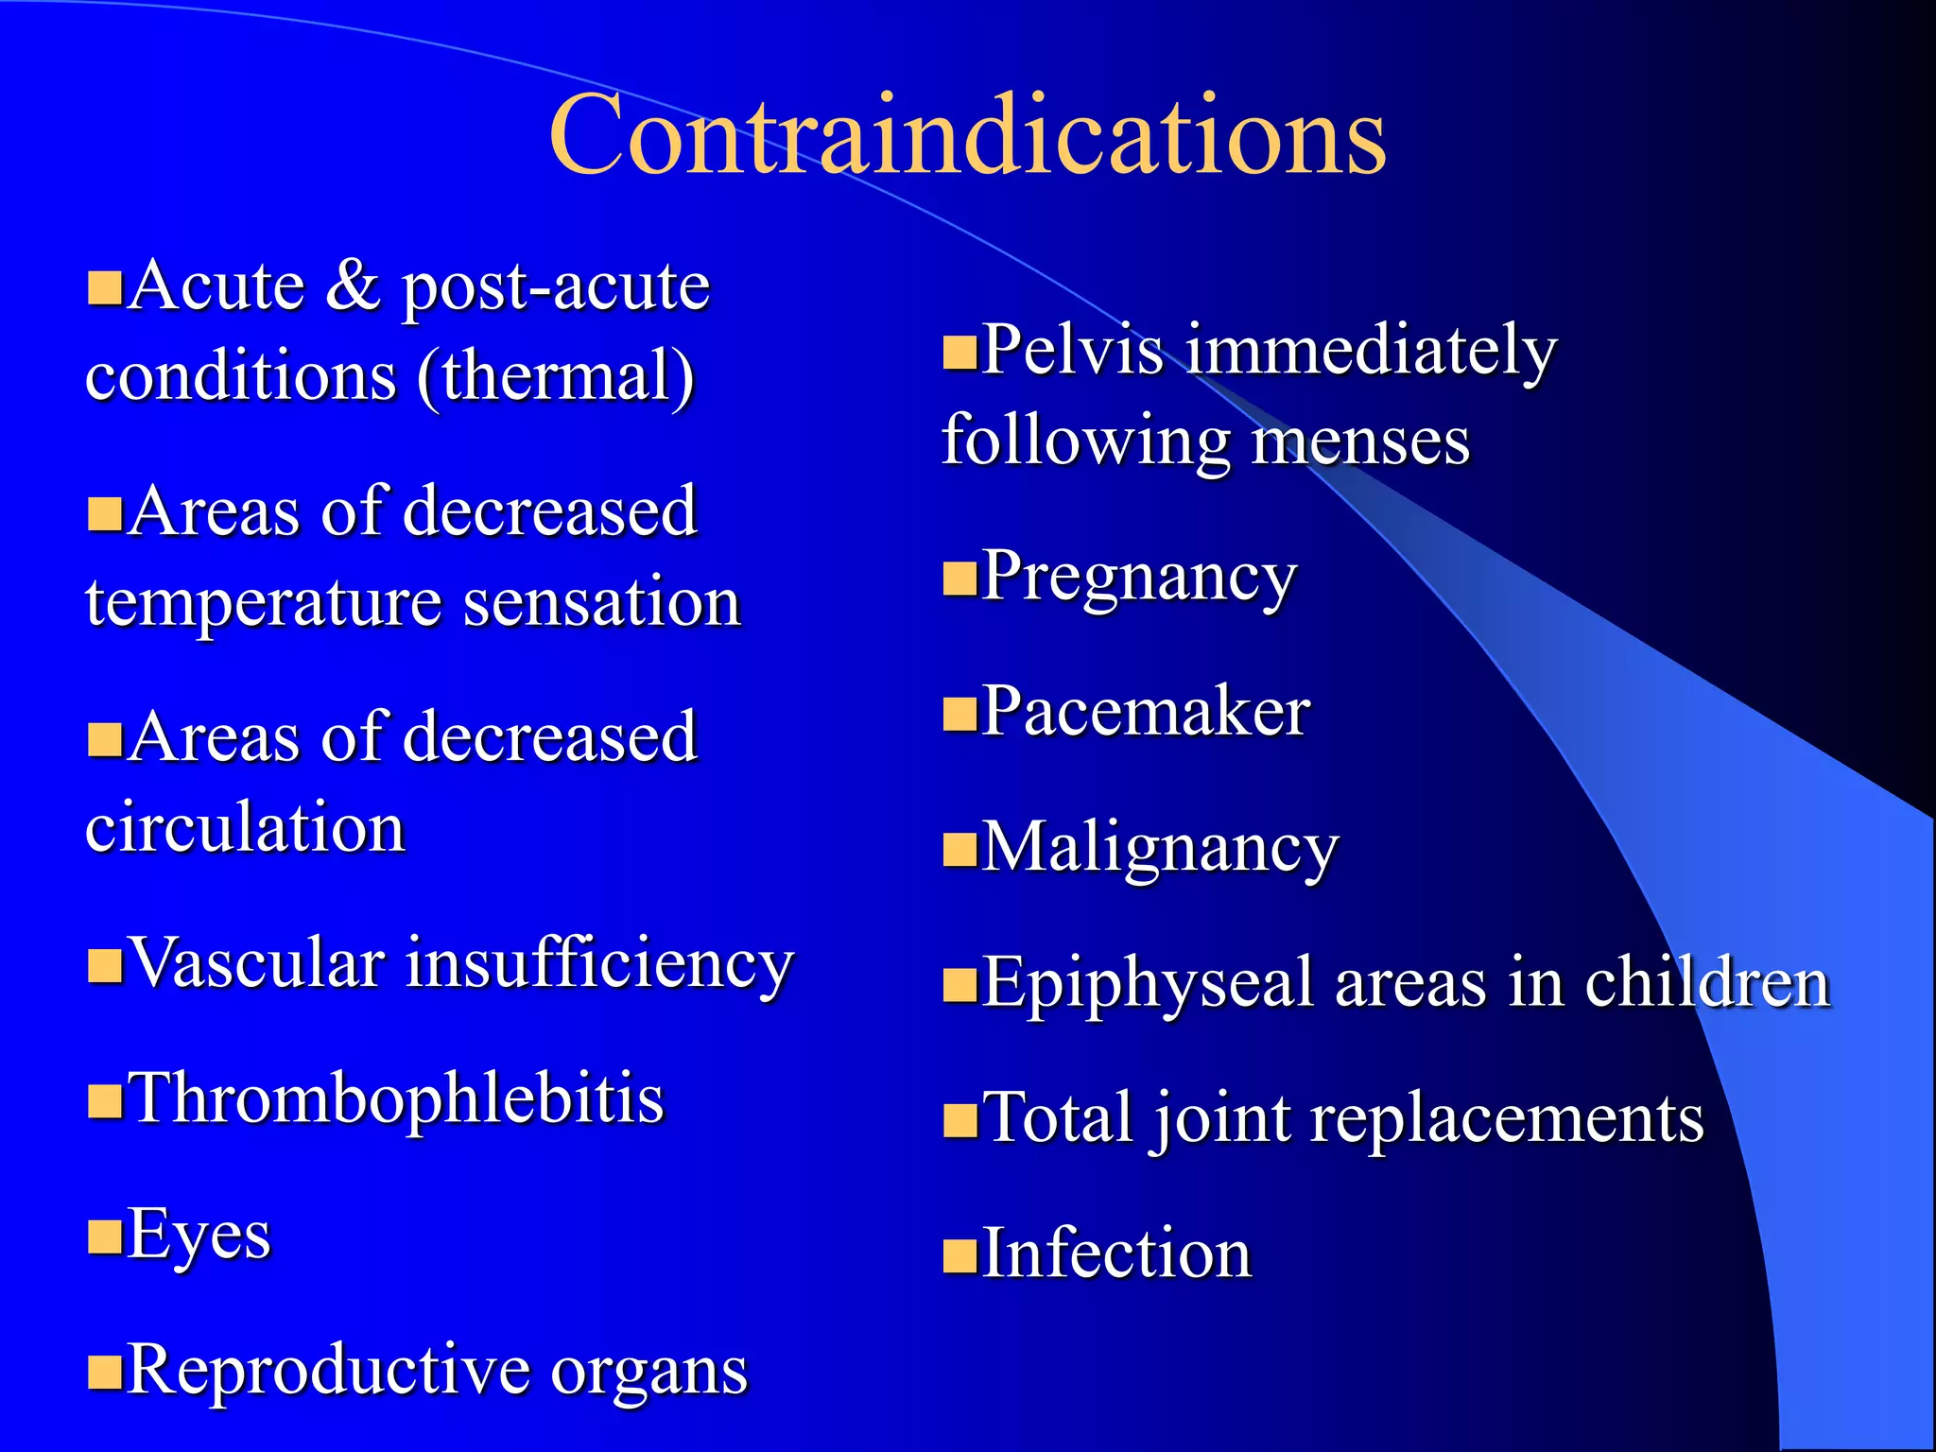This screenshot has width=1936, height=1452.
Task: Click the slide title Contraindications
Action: (967, 135)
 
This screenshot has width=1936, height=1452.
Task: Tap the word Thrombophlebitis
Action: (396, 1098)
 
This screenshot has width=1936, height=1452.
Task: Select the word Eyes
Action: (199, 1235)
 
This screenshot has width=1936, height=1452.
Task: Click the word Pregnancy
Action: (1139, 577)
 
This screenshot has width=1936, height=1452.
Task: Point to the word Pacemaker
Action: (1146, 711)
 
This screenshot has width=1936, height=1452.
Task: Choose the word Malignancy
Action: (1160, 847)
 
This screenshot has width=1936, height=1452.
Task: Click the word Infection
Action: (1117, 1253)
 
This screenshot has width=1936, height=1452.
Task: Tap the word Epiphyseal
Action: (1148, 983)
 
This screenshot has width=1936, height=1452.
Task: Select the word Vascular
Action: (256, 963)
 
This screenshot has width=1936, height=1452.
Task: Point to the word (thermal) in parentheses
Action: (556, 376)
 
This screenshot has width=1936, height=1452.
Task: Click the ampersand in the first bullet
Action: (353, 285)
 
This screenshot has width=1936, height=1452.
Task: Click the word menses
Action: (1360, 441)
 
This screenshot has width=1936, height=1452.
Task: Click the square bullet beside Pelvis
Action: (959, 353)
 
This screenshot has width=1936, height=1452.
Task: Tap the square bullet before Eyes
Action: (104, 1236)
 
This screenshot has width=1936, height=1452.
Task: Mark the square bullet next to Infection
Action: (959, 1256)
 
